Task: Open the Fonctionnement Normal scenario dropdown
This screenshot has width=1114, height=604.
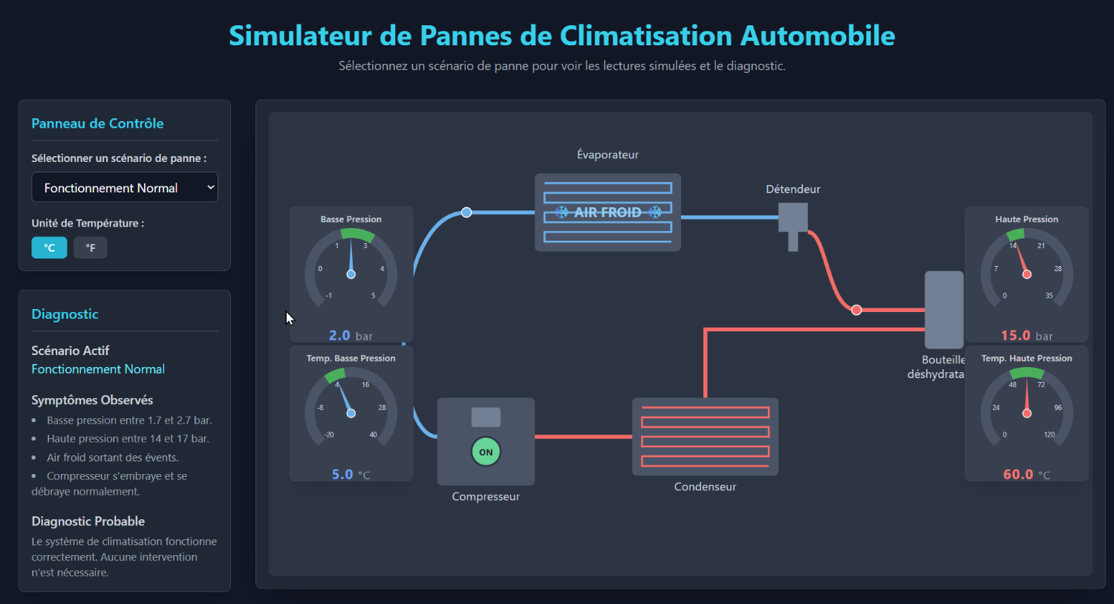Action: [x=124, y=188]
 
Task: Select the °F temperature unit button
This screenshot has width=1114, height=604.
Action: [x=91, y=248]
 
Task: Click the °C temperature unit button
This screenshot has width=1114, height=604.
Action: [x=49, y=248]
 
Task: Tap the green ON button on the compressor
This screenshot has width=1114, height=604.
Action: [x=486, y=452]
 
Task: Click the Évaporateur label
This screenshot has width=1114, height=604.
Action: [x=608, y=155]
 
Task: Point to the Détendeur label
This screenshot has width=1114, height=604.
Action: [x=793, y=189]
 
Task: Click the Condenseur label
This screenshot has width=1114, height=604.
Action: [x=705, y=487]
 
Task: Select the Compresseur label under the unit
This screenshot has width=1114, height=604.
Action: [x=486, y=496]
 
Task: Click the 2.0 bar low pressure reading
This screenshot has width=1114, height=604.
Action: [x=351, y=336]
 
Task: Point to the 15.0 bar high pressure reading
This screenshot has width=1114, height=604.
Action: [x=1026, y=336]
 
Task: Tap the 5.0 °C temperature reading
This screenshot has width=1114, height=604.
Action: [x=351, y=475]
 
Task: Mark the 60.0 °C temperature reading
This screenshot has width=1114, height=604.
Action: [x=1026, y=475]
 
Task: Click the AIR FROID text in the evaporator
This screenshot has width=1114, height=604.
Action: [x=608, y=212]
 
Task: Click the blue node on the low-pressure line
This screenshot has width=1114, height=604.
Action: [x=466, y=212]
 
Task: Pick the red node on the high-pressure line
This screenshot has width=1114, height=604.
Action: [x=856, y=310]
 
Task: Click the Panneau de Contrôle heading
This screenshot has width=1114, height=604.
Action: [x=97, y=123]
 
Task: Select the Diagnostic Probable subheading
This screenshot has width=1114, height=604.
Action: [x=88, y=522]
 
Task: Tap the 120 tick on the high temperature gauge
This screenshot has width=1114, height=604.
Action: [x=1049, y=435]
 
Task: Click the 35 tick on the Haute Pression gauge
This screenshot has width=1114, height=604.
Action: [x=1049, y=296]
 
